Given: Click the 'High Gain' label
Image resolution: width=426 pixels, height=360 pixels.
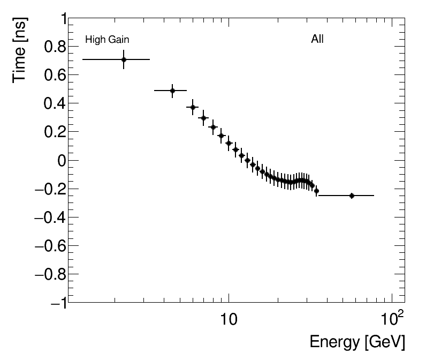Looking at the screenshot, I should (x=107, y=40).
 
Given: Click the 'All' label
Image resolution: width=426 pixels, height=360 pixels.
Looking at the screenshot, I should (x=317, y=39).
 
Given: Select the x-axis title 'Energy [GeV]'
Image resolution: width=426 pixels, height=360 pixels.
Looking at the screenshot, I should (x=357, y=342).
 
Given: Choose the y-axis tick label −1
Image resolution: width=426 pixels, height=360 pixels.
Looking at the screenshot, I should (x=57, y=303).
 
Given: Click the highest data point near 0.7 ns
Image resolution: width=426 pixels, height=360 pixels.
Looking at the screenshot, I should (x=124, y=59).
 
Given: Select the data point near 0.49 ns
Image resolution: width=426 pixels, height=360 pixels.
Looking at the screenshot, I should (x=172, y=91).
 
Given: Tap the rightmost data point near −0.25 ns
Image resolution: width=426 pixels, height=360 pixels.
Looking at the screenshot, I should (x=352, y=196).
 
